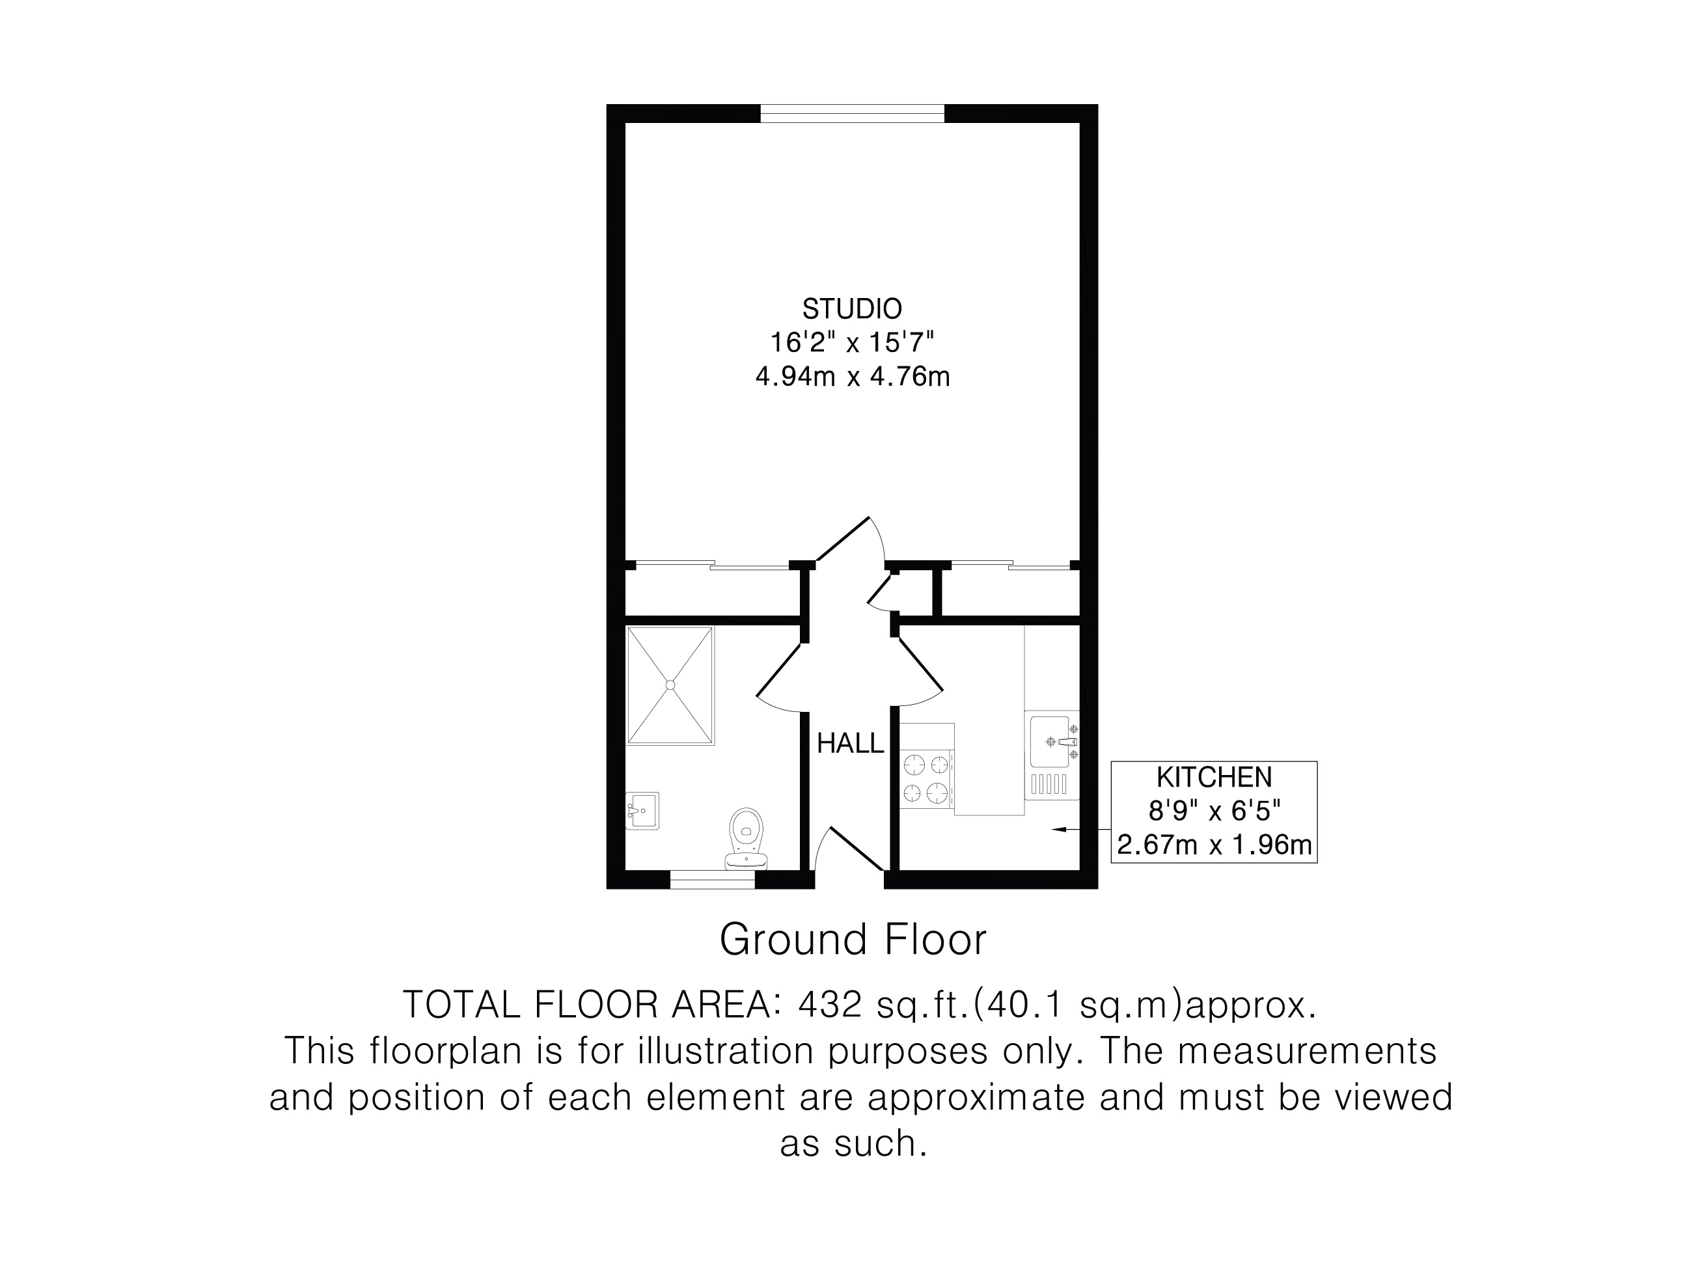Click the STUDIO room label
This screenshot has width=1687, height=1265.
(x=852, y=309)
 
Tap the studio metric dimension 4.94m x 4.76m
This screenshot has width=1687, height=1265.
(x=853, y=377)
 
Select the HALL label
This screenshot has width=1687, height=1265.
(x=851, y=743)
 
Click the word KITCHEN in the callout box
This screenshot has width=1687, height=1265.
(x=1214, y=777)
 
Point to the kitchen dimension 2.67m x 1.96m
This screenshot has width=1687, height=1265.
(x=1214, y=845)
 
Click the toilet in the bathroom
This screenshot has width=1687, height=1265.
(x=747, y=839)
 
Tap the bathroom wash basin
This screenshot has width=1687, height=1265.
(x=642, y=811)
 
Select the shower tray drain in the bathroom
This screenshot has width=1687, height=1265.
(x=670, y=685)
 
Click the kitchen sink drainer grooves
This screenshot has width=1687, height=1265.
(x=1049, y=785)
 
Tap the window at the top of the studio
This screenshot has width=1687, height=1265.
(x=853, y=114)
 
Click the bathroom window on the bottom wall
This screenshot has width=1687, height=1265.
(x=712, y=879)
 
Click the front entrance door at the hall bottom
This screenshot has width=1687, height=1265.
(x=849, y=849)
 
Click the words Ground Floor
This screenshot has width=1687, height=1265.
(x=853, y=940)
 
